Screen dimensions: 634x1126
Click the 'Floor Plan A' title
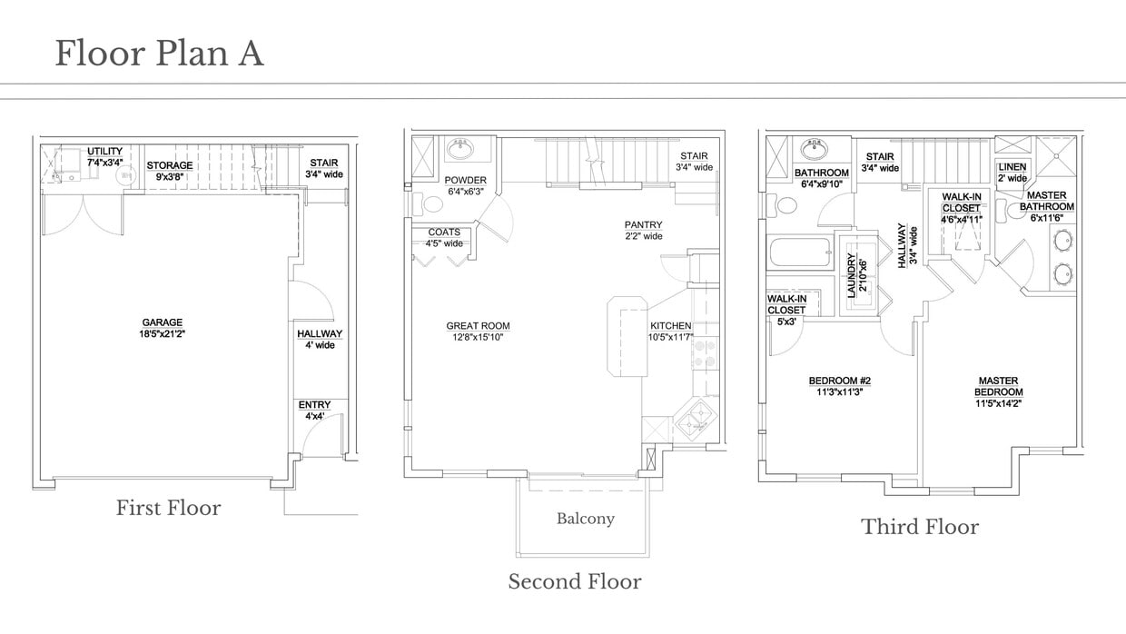[159, 54]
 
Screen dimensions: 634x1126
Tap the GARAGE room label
[162, 328]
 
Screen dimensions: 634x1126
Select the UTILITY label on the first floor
[104, 156]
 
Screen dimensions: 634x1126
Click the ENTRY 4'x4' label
[314, 411]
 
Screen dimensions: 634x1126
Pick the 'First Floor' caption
[168, 508]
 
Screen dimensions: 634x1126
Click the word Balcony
[585, 519]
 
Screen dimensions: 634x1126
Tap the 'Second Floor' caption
[574, 581]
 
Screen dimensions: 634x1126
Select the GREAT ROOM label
[478, 332]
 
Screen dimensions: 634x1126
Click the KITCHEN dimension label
[671, 332]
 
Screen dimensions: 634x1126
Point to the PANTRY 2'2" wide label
[643, 231]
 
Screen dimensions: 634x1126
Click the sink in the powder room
[460, 148]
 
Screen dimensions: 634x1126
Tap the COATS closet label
[444, 238]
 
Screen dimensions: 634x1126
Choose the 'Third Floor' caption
[920, 527]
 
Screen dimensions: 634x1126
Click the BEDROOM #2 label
[840, 386]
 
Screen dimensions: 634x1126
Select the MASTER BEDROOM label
[998, 392]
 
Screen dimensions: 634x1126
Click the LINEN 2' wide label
[1012, 173]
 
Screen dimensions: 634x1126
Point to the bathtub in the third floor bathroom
[799, 253]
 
